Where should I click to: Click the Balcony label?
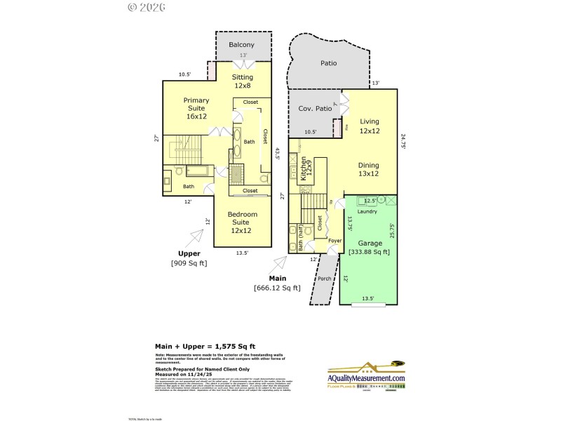[x=241, y=45]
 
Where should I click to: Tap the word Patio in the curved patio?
[x=328, y=63]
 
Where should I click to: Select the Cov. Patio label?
[x=315, y=109]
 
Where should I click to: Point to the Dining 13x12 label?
[x=368, y=169]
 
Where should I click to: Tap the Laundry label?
[x=367, y=211]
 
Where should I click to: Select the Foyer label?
[x=334, y=241]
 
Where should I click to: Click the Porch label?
[x=324, y=278]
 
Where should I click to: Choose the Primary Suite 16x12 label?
[x=196, y=108]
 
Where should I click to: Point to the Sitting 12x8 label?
[x=243, y=81]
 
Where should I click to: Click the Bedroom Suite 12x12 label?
[x=242, y=222]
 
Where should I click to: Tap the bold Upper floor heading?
[x=189, y=253]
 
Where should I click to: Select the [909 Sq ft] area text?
[x=189, y=263]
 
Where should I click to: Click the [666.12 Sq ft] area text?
[x=277, y=287]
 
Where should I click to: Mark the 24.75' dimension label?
[x=403, y=142]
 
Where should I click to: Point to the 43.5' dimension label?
[x=278, y=154]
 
